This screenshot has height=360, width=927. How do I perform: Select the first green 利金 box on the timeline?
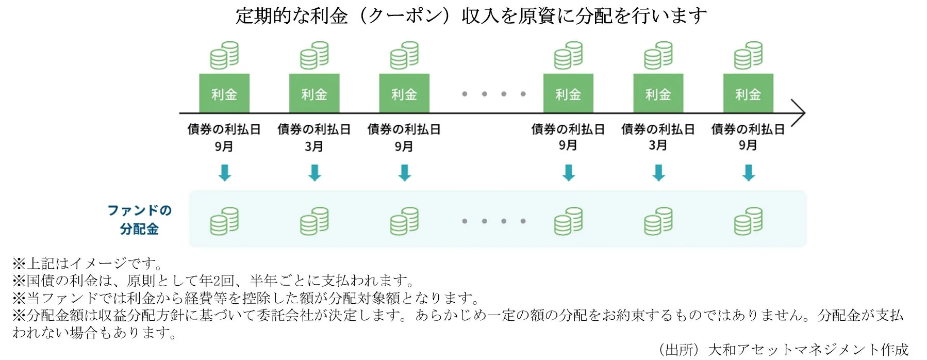tap(224, 93)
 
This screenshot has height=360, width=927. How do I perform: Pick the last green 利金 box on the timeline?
tap(748, 93)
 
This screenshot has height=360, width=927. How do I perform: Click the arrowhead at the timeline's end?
tap(799, 112)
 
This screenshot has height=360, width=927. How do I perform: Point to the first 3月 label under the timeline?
tap(314, 146)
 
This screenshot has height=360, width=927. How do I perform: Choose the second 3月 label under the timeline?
tap(658, 145)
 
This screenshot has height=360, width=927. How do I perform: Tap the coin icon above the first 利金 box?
tap(224, 55)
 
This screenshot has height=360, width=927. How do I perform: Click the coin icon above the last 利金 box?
tap(748, 55)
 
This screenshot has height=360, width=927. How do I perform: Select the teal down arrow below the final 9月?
tap(749, 173)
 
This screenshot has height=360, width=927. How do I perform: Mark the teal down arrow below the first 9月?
tap(225, 173)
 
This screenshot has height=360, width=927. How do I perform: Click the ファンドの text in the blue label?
tap(139, 210)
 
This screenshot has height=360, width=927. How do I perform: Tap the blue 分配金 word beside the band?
tap(139, 229)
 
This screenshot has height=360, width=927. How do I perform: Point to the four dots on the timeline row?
tap(493, 94)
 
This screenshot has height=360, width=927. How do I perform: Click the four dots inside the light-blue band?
tap(493, 221)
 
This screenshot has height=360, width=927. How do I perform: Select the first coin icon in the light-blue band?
tap(224, 221)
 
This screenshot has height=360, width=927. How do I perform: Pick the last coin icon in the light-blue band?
tap(748, 221)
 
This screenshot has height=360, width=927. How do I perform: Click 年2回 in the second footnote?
tap(217, 281)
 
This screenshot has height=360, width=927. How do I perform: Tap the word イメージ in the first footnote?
tap(98, 264)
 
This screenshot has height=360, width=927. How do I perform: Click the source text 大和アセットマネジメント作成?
tap(808, 350)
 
